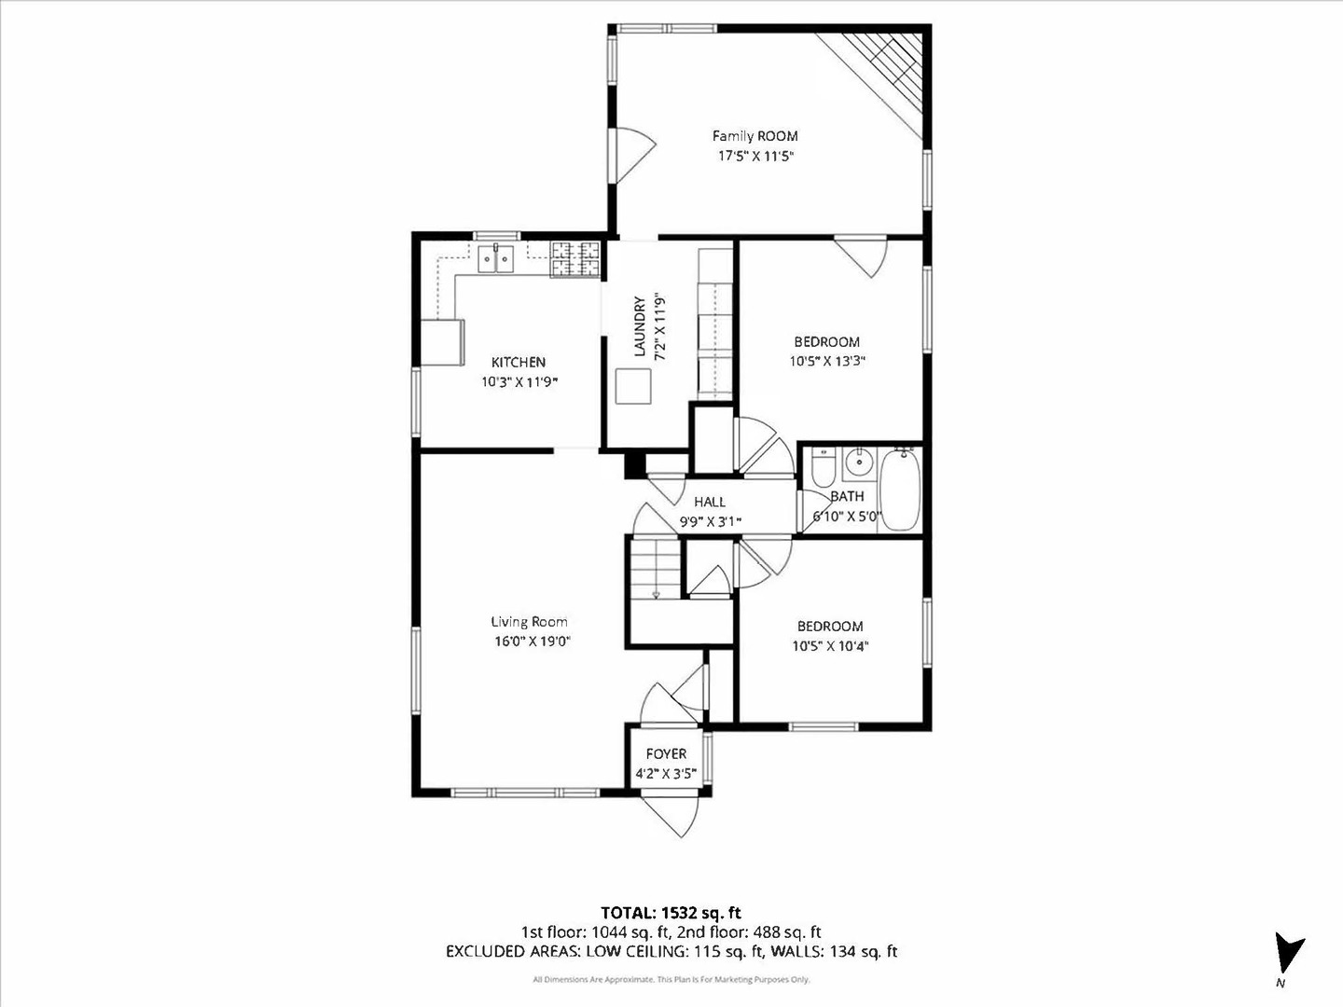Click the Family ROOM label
pyautogui.click(x=755, y=136)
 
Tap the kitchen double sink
pyautogui.click(x=495, y=257)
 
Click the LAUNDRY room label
pyautogui.click(x=640, y=327)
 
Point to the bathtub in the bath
pyautogui.click(x=900, y=490)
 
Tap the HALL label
pyautogui.click(x=709, y=503)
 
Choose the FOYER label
pyautogui.click(x=666, y=753)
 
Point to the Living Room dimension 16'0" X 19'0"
pyautogui.click(x=532, y=641)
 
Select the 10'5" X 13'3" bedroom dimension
pyautogui.click(x=827, y=362)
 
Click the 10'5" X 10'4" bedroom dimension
pyautogui.click(x=829, y=646)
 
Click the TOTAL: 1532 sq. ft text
pyautogui.click(x=671, y=912)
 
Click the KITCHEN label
pyautogui.click(x=519, y=362)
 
